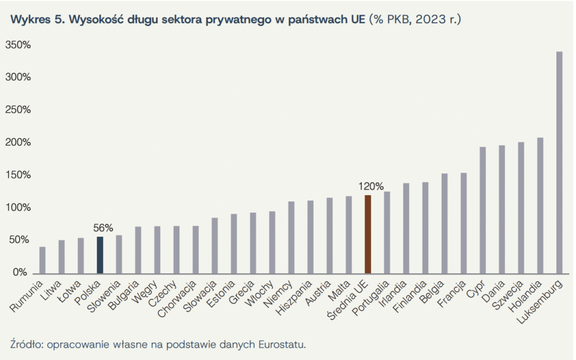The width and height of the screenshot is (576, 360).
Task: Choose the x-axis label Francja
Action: (x=453, y=292)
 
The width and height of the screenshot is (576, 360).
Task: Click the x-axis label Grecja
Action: (x=244, y=291)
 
